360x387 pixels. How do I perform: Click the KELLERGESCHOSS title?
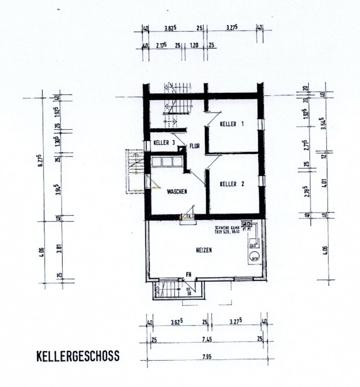point(77,356)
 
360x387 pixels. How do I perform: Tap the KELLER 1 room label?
point(232,124)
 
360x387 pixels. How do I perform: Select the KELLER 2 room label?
point(232,183)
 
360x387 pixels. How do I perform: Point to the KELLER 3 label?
point(164,143)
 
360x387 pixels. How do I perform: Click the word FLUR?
point(194,146)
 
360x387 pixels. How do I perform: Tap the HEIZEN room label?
point(203,249)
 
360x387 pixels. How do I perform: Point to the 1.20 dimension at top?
point(194,45)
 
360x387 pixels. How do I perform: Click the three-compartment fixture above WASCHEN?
point(167,161)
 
